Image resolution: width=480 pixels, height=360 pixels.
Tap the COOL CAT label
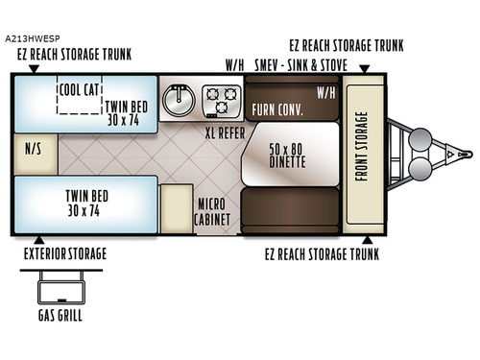point(78,89)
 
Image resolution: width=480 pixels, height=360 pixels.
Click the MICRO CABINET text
point(211,212)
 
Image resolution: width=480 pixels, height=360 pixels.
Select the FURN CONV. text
point(278,110)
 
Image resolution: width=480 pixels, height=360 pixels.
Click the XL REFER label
point(223,134)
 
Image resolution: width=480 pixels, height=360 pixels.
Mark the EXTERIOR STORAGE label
point(64,253)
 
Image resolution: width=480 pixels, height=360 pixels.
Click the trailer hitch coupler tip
point(469,152)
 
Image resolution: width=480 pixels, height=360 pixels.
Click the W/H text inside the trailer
point(324,94)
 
